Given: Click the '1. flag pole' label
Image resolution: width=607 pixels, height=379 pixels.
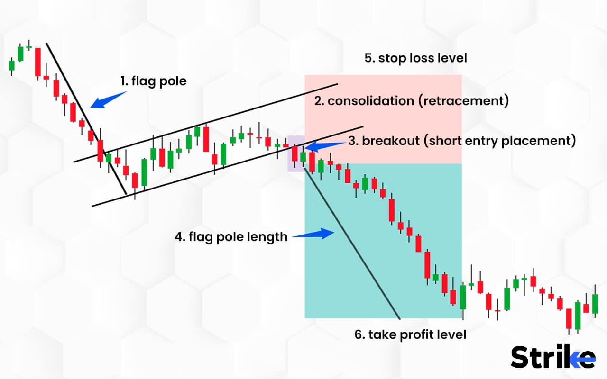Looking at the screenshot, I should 153,81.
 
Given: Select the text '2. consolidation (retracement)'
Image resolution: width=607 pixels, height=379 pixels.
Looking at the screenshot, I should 411,101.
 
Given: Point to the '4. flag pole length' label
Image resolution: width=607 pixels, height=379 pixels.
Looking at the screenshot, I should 231,236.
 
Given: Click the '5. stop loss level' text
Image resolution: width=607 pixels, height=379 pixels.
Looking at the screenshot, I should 415,58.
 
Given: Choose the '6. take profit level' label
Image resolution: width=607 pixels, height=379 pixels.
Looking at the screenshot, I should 410,334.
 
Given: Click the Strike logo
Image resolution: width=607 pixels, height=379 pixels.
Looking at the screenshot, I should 552,357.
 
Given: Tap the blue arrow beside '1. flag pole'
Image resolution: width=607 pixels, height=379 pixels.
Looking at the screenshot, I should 108,99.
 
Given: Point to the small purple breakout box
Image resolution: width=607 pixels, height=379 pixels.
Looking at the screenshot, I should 296,153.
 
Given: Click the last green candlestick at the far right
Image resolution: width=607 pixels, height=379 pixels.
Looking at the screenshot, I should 595,304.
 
